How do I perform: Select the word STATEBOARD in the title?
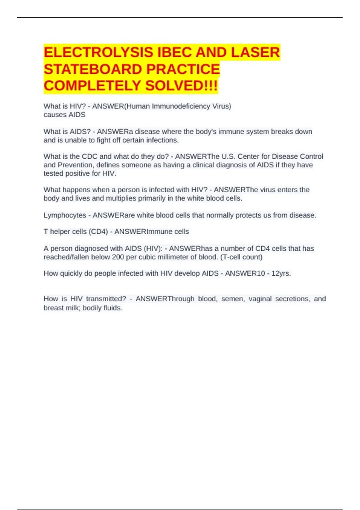(x=93, y=69)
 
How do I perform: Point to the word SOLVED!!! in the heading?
(x=181, y=86)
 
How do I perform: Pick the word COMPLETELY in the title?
(x=92, y=86)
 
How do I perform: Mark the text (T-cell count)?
(x=241, y=257)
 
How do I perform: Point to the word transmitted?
(x=106, y=299)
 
